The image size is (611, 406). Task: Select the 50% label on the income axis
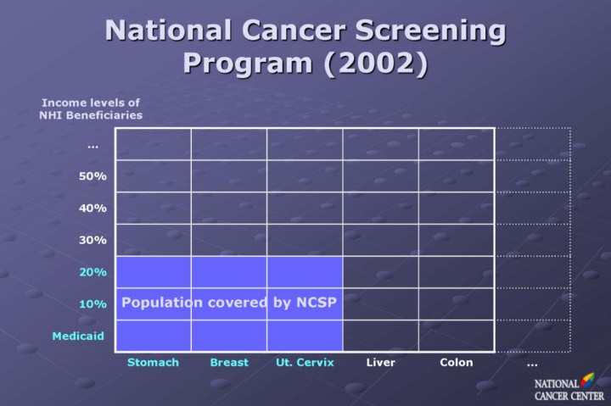click(x=92, y=176)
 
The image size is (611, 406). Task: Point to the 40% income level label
click(x=92, y=208)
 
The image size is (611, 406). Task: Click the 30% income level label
click(x=92, y=240)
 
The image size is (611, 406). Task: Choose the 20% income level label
click(x=92, y=272)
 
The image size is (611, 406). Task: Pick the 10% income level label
click(x=92, y=303)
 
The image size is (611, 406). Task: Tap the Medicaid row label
click(x=78, y=336)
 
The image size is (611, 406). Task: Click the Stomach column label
click(x=153, y=363)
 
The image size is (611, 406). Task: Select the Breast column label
click(x=229, y=363)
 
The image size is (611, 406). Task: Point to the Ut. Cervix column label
click(x=305, y=363)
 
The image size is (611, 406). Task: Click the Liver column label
click(x=380, y=363)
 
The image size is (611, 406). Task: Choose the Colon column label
click(x=457, y=363)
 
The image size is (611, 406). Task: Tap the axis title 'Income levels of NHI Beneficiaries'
click(x=91, y=108)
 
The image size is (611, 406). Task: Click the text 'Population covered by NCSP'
click(x=229, y=302)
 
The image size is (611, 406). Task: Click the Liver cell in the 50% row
click(x=380, y=175)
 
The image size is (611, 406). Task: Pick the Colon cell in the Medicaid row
click(x=457, y=336)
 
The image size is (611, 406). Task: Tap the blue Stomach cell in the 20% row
click(x=153, y=271)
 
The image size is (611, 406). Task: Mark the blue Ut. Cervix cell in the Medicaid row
click(x=305, y=336)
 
